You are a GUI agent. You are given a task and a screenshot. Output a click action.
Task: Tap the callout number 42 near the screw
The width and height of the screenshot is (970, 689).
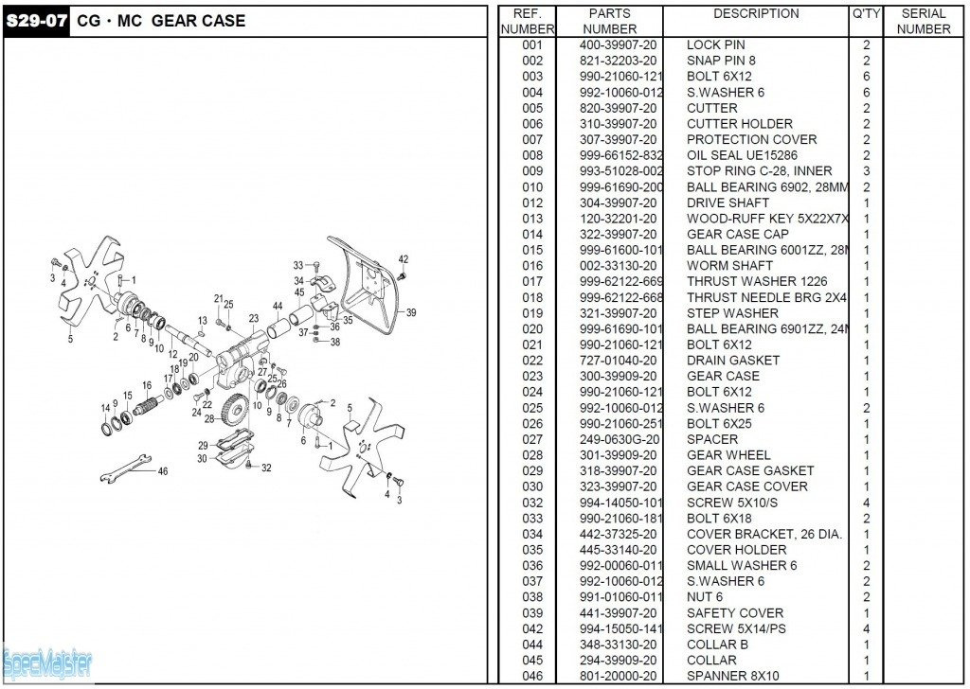(x=404, y=258)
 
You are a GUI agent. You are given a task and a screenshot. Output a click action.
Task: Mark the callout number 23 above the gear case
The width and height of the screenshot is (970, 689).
(x=254, y=319)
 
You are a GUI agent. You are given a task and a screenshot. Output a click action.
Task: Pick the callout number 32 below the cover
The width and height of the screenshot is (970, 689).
(x=266, y=468)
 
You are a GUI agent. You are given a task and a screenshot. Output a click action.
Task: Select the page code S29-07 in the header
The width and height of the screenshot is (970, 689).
(x=36, y=21)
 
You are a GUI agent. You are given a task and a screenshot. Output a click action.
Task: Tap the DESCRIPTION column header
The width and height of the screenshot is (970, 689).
(x=755, y=14)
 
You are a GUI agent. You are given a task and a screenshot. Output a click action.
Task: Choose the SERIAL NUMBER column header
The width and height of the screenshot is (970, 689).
(x=923, y=21)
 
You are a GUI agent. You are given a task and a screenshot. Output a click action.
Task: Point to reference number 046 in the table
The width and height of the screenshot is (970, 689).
(x=532, y=676)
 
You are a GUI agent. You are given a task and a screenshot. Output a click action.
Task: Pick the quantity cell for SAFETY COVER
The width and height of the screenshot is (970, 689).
(x=866, y=613)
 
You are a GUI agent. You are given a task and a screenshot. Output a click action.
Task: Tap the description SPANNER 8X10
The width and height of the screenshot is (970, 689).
(x=732, y=676)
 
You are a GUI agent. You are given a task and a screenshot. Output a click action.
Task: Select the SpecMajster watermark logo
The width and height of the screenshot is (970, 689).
(x=47, y=662)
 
